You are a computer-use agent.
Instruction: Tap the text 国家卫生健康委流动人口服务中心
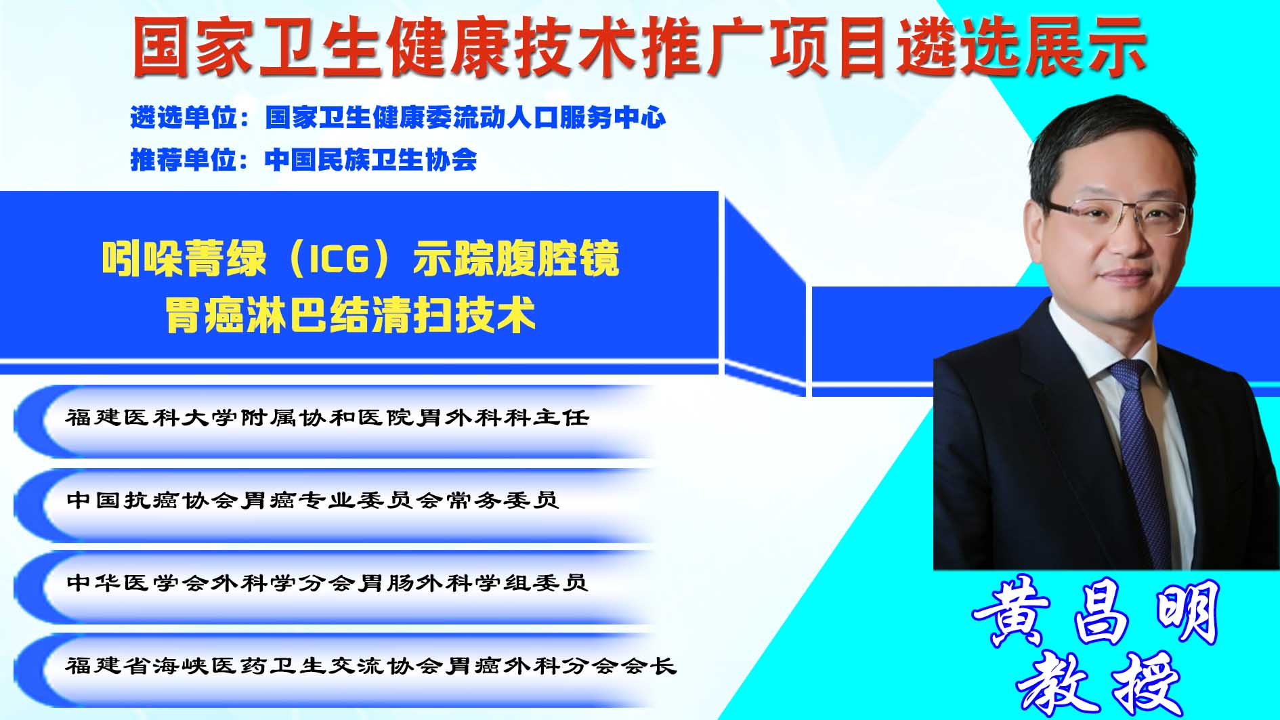tap(465, 118)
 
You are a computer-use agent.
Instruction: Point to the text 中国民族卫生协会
tap(371, 160)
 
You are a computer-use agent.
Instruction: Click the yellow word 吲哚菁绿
tap(183, 259)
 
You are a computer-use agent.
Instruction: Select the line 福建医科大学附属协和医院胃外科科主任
tap(327, 417)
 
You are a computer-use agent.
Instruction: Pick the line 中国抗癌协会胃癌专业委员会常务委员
tap(312, 500)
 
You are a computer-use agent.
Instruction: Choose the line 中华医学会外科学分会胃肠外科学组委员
tap(327, 583)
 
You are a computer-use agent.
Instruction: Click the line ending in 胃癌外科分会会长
tap(371, 666)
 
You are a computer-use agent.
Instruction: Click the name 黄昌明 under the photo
tap(1096, 614)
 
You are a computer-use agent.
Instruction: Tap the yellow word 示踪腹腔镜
tap(516, 259)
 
